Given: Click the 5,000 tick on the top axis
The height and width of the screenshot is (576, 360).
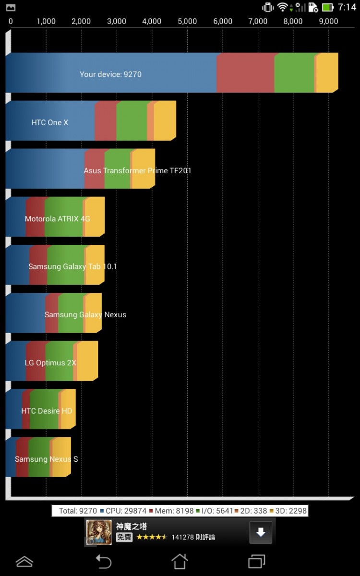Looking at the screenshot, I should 187,21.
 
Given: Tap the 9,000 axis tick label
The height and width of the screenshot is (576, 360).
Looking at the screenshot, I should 328,21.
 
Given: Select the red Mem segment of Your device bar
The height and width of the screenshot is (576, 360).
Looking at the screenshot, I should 245,73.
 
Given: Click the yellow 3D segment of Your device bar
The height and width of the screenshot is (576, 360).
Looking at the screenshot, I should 327,73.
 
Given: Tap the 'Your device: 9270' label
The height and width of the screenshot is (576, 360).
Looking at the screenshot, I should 110,74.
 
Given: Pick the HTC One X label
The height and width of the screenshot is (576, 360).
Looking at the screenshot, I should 50,122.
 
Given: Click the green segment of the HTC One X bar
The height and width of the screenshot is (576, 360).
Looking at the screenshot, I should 132,121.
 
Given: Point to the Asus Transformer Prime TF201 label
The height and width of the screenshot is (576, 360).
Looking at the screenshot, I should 137,170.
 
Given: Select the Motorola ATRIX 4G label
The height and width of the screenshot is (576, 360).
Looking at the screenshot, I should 58,219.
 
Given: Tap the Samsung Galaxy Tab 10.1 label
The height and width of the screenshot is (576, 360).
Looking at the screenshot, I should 72,266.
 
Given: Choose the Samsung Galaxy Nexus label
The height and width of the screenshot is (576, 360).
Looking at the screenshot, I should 85,315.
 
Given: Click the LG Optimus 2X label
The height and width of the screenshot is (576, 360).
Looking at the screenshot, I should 50,363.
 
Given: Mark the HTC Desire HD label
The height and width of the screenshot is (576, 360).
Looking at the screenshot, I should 47,411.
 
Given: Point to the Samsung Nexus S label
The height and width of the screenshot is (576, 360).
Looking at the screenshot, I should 46,459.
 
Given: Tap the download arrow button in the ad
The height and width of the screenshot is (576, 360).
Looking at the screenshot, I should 261,532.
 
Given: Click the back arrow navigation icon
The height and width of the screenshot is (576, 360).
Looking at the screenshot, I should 103,561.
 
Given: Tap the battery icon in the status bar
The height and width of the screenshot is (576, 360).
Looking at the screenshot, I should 328,7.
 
